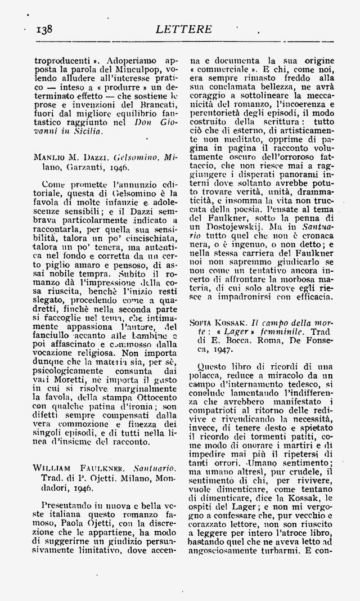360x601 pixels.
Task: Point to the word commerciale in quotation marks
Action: (224, 69)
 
